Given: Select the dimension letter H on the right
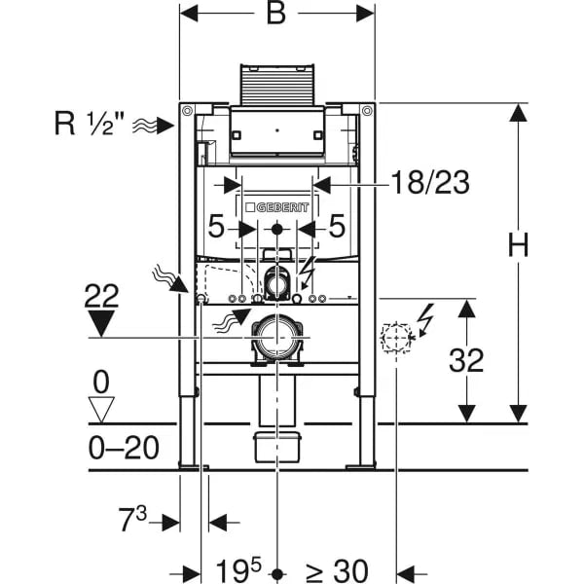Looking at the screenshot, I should pos(519,246).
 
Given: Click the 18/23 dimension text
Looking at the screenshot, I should pos(429,181).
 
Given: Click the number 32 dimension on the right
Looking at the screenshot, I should pos(467,360).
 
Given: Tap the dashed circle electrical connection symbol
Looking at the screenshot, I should pos(397,339).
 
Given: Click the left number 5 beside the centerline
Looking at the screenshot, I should pos(216,229).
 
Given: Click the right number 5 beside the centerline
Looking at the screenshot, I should pos(338,229).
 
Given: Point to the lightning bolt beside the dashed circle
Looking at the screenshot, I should pos(424,316).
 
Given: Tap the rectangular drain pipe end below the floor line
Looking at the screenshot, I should pos(278,449).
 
